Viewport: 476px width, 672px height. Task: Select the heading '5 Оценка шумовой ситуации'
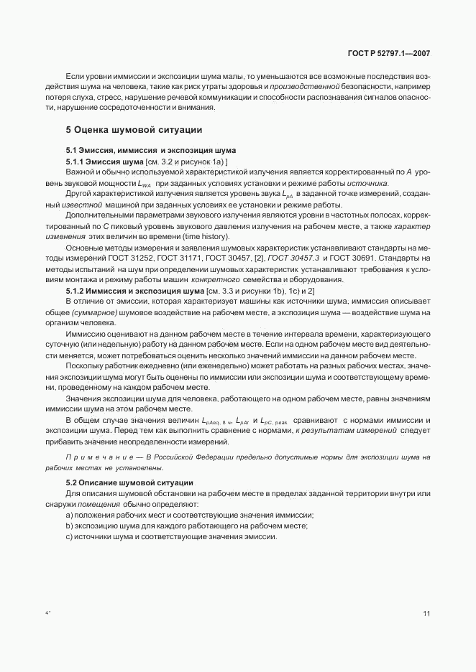click(133, 130)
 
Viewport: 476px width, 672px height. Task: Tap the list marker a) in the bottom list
click(69, 515)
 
